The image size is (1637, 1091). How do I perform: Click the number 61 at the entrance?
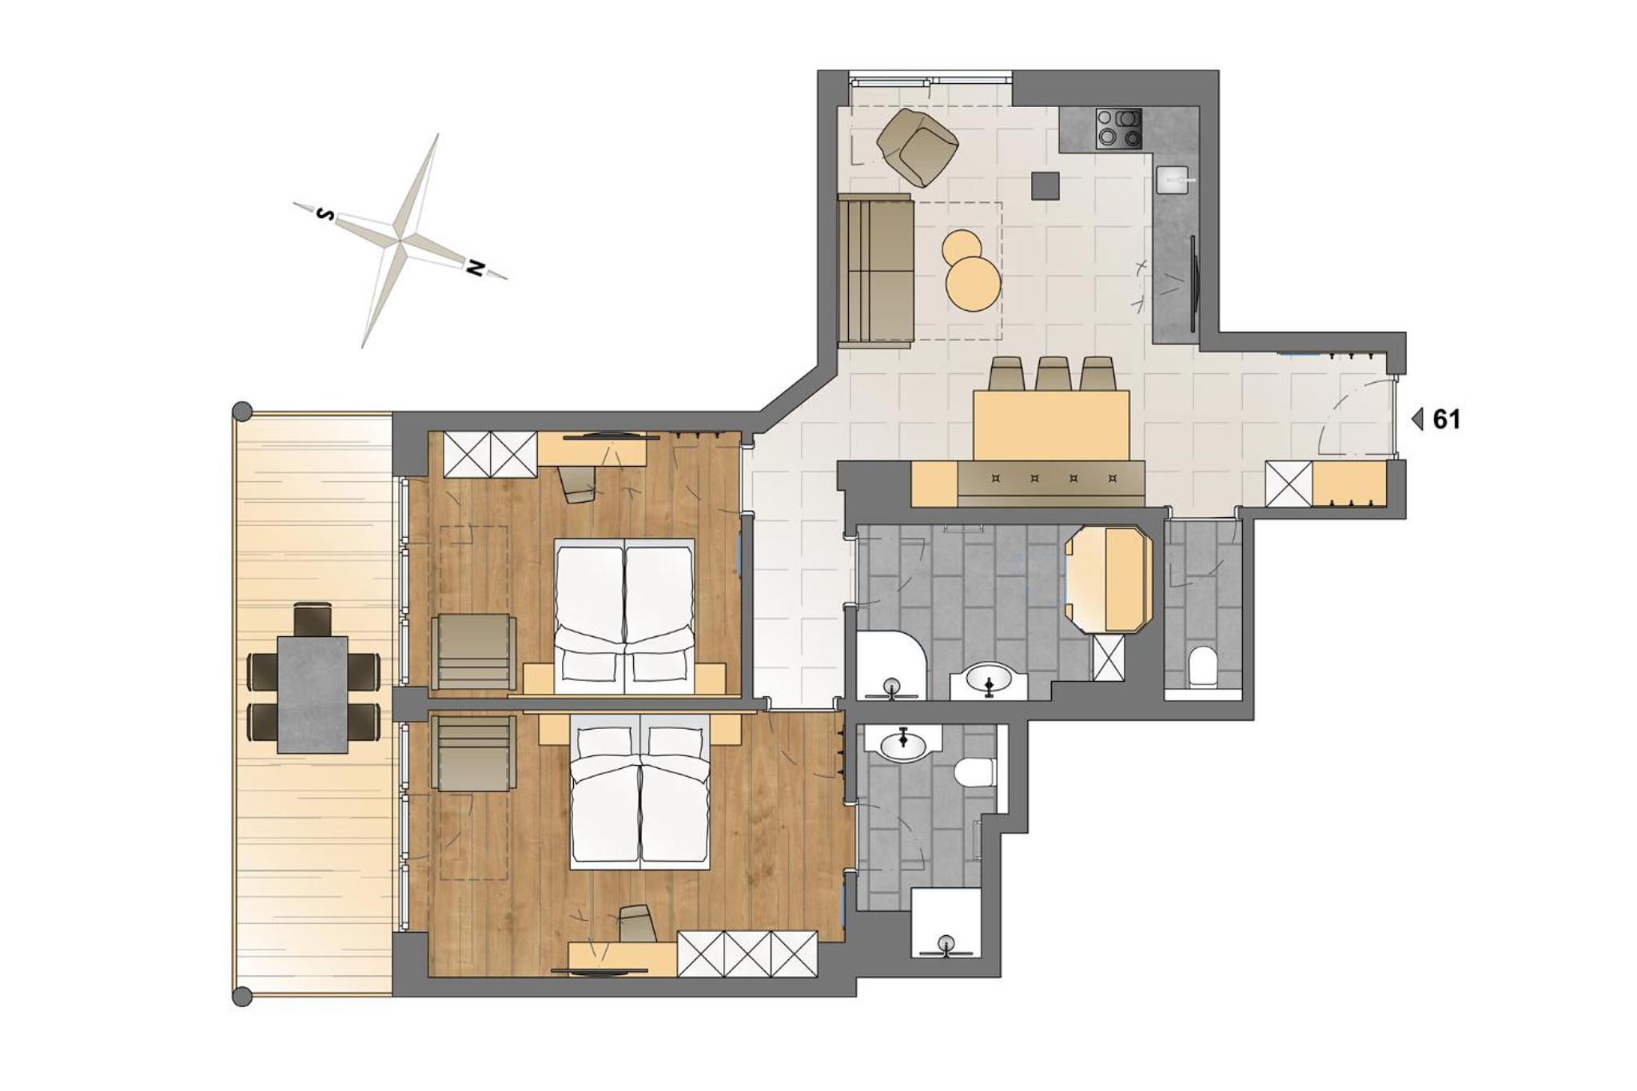[1447, 420]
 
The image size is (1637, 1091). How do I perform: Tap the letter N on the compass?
[475, 268]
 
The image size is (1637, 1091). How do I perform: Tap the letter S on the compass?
[325, 214]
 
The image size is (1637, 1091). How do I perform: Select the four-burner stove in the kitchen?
[1118, 129]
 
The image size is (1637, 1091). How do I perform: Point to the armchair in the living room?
[918, 145]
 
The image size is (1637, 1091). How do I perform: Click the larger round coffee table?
[973, 282]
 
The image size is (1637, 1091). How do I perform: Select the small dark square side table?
[1045, 186]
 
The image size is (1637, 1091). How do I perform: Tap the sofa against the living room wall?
[875, 270]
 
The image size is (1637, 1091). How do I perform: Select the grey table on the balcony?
[312, 695]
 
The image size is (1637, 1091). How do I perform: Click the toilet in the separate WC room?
[1201, 667]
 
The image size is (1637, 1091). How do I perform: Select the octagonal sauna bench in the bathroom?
[1109, 579]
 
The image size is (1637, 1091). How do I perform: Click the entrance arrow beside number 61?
[1417, 420]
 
